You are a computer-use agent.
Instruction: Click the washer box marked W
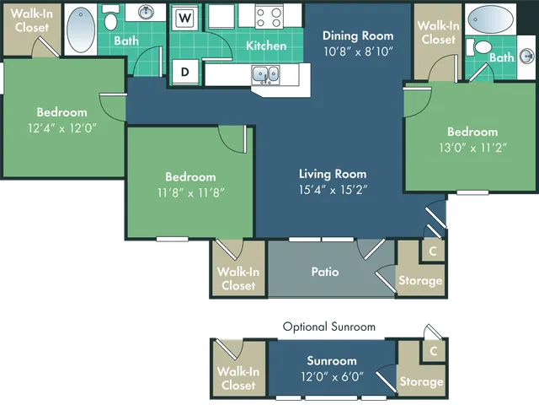[x=186, y=17]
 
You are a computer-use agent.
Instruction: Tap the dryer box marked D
[x=185, y=73]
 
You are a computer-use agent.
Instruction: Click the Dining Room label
[x=358, y=36]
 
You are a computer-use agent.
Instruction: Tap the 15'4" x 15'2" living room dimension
[x=334, y=189]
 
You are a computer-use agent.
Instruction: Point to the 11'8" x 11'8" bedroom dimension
[x=190, y=192]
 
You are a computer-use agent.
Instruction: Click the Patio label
[x=325, y=272]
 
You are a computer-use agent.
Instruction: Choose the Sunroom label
[x=331, y=361]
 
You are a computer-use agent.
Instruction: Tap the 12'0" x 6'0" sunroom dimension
[x=331, y=376]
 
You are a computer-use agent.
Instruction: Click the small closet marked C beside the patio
[x=433, y=251]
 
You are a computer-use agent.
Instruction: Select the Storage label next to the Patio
[x=420, y=280]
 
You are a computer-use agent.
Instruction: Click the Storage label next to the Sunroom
[x=420, y=382]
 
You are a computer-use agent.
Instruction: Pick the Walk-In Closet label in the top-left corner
[x=29, y=20]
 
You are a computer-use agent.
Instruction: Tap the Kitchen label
[x=266, y=46]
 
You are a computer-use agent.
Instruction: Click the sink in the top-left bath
[x=145, y=12]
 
